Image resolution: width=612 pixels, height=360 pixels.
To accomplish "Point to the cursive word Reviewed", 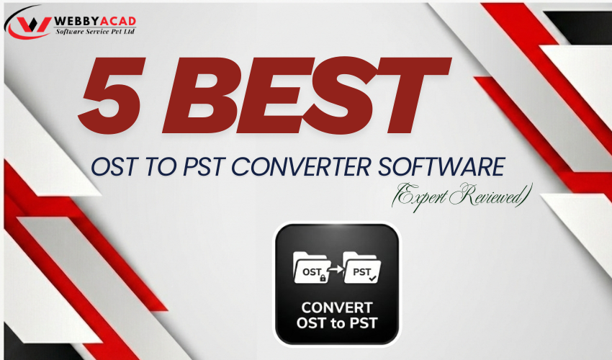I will [490, 194].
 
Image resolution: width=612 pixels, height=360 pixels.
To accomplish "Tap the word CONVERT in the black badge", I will [336, 307].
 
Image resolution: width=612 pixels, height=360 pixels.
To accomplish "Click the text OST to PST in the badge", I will [336, 323].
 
